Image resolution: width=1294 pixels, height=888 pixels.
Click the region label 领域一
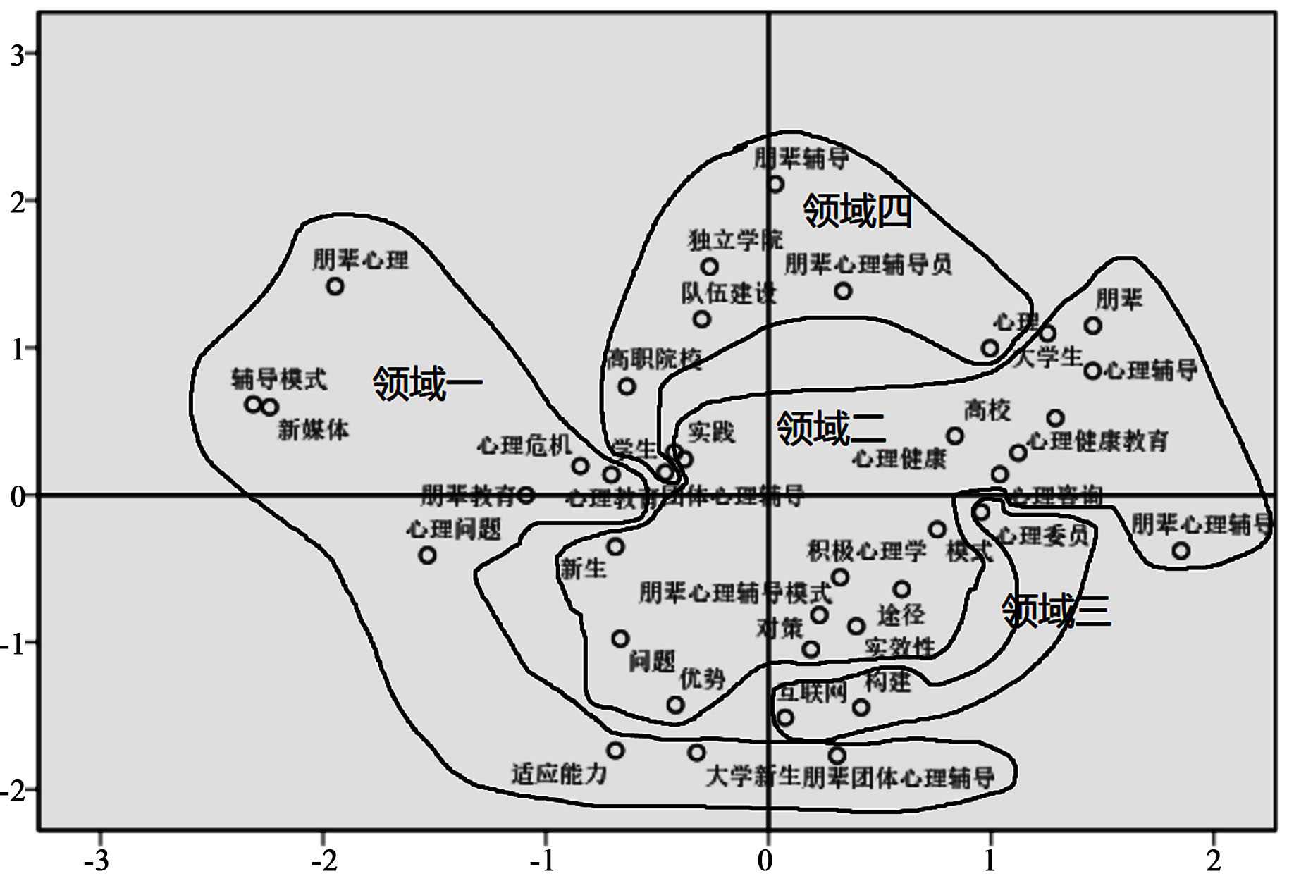click(x=427, y=384)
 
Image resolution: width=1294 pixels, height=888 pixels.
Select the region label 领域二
click(x=831, y=428)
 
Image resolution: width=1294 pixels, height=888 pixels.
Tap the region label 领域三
click(x=1056, y=611)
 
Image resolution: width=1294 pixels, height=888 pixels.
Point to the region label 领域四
click(x=857, y=211)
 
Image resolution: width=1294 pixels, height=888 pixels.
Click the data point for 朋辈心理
click(x=335, y=287)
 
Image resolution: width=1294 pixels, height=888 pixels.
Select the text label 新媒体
click(x=314, y=430)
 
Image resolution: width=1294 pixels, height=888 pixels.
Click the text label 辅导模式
click(x=280, y=380)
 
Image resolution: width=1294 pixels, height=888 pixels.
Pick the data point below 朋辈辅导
click(x=776, y=185)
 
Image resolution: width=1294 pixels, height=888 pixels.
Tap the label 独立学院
click(x=735, y=240)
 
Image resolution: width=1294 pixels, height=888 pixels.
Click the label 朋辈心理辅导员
click(x=868, y=265)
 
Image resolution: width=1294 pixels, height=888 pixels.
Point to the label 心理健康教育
click(x=1098, y=442)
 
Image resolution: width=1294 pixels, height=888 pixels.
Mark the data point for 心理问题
click(x=427, y=555)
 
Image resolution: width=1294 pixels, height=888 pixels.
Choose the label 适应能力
click(x=559, y=774)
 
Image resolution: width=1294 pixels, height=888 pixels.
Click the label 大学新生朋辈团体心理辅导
click(x=850, y=778)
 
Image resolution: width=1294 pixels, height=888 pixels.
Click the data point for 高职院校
click(x=627, y=387)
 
